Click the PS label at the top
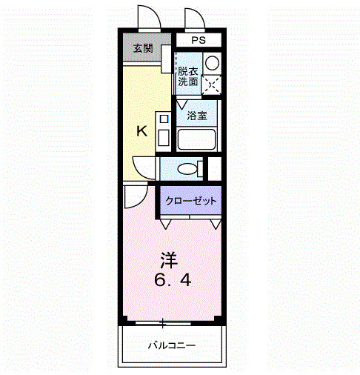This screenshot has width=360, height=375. coord(199,41)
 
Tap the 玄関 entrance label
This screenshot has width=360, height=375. coord(142,49)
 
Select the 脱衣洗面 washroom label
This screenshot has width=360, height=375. coord(187,77)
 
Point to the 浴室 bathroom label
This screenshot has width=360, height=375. coord(196,116)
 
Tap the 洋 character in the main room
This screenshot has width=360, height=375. coord(170,260)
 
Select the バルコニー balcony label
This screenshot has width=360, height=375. coord(171,345)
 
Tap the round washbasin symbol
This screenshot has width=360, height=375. coord(212,62)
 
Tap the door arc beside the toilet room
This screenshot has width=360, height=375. coord(143,167)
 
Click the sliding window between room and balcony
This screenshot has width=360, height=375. coord(170,322)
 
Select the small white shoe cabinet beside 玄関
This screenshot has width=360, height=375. coord(166,59)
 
